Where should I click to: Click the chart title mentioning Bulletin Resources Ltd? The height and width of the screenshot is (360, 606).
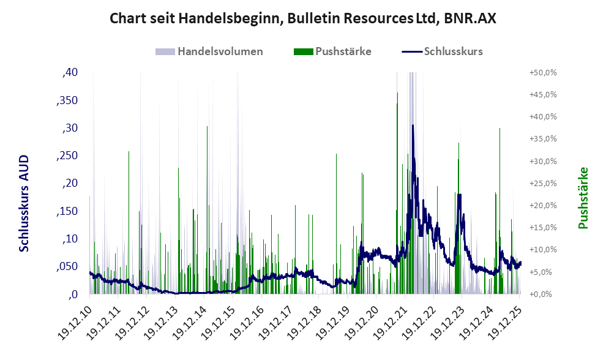(302, 18)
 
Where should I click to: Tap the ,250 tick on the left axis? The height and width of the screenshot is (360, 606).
(67, 156)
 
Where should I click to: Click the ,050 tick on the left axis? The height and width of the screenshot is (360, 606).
(67, 267)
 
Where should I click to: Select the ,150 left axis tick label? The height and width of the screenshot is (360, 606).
(67, 211)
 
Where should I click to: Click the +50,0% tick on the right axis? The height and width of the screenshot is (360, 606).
(542, 73)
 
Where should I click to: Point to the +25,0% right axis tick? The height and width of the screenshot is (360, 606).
(542, 184)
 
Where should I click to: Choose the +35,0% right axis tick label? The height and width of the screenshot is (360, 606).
(542, 139)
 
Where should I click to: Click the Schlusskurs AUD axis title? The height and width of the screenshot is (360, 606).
(24, 203)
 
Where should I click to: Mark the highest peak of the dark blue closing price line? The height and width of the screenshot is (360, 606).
(413, 126)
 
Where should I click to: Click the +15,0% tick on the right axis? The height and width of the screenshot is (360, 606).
(542, 228)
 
